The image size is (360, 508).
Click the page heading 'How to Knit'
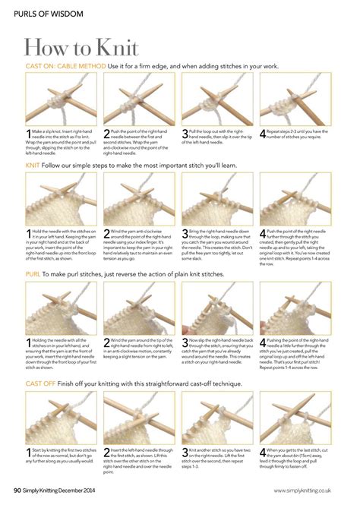pos(82,48)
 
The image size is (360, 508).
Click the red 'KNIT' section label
pos(33,165)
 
